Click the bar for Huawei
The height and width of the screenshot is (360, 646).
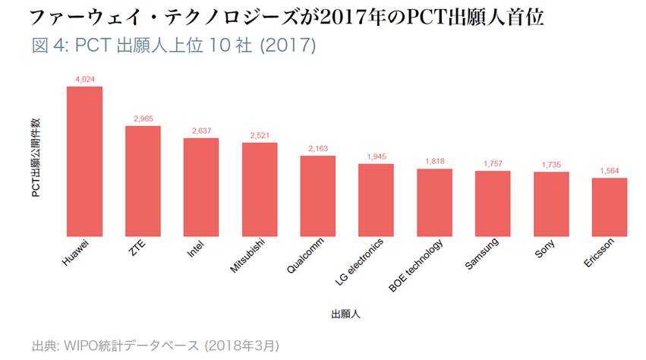[84, 161]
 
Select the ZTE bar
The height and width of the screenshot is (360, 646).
[143, 181]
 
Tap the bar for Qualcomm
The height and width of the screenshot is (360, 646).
[318, 195]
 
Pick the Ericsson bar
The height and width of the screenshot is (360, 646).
[610, 207]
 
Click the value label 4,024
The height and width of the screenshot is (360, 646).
[84, 79]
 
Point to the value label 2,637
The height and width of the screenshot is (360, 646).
[201, 131]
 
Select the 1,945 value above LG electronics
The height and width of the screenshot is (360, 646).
[377, 156]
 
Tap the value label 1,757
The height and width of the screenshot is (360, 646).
[493, 164]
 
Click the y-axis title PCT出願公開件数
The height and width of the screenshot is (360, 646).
[36, 157]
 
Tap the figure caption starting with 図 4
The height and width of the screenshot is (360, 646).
[174, 45]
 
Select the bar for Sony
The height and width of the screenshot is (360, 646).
[551, 204]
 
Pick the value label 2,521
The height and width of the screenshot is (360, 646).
[260, 135]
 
